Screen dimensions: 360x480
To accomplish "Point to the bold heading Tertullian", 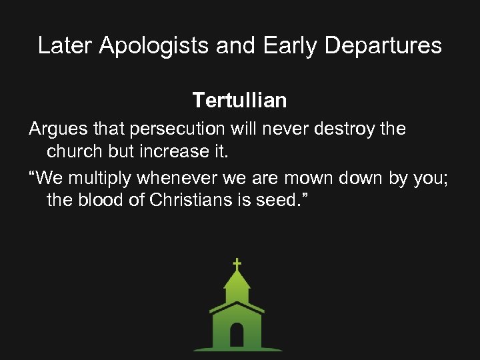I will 239,101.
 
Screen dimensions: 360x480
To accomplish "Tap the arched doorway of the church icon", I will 237,334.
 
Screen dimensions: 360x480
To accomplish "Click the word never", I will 279,128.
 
